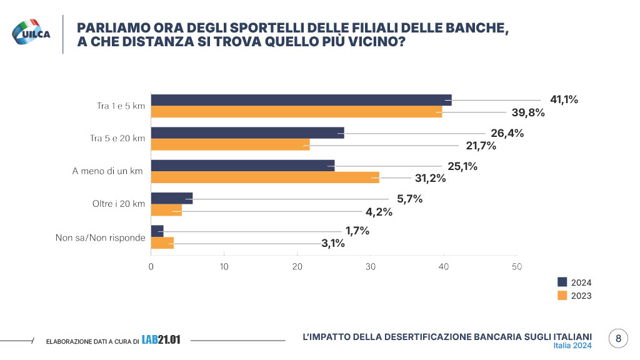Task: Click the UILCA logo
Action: click(x=32, y=32)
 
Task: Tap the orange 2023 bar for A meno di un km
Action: click(x=265, y=177)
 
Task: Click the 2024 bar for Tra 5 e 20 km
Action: click(x=247, y=132)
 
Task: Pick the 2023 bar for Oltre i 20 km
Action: click(x=166, y=211)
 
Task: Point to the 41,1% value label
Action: click(x=564, y=100)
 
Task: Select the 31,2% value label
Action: click(x=430, y=178)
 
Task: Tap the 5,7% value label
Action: click(x=410, y=199)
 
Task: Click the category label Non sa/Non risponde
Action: click(x=101, y=237)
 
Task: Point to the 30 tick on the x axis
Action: click(x=371, y=266)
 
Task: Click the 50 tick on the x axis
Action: click(x=517, y=266)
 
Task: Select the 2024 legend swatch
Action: click(x=561, y=282)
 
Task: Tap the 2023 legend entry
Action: click(x=581, y=296)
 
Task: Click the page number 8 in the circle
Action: click(x=618, y=339)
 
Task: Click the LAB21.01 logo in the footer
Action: click(x=161, y=340)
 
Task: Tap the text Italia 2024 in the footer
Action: click(x=572, y=346)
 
